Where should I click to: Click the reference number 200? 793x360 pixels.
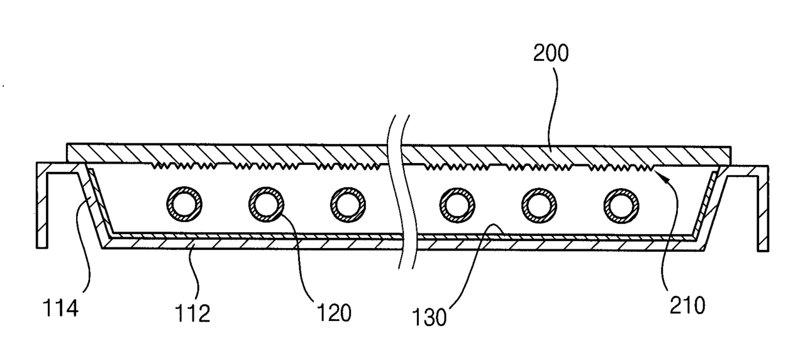pos(551,53)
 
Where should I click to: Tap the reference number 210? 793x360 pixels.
pos(687,306)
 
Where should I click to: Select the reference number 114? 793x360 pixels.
pos(60,308)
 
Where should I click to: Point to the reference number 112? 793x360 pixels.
pos(192,313)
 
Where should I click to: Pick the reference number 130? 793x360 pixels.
pos(429,317)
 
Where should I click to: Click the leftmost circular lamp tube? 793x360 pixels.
pos(184,204)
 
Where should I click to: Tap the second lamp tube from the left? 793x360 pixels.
pos(266,204)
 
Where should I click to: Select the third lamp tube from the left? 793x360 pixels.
pos(348,205)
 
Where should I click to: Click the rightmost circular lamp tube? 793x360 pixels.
pos(622,206)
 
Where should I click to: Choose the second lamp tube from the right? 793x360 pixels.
pos(539,205)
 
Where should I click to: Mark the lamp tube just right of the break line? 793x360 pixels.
pos(457,205)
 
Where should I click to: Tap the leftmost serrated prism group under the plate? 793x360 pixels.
pos(184,166)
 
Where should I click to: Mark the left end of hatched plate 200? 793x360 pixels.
pos(67,152)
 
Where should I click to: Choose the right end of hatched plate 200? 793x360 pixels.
pos(730,156)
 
